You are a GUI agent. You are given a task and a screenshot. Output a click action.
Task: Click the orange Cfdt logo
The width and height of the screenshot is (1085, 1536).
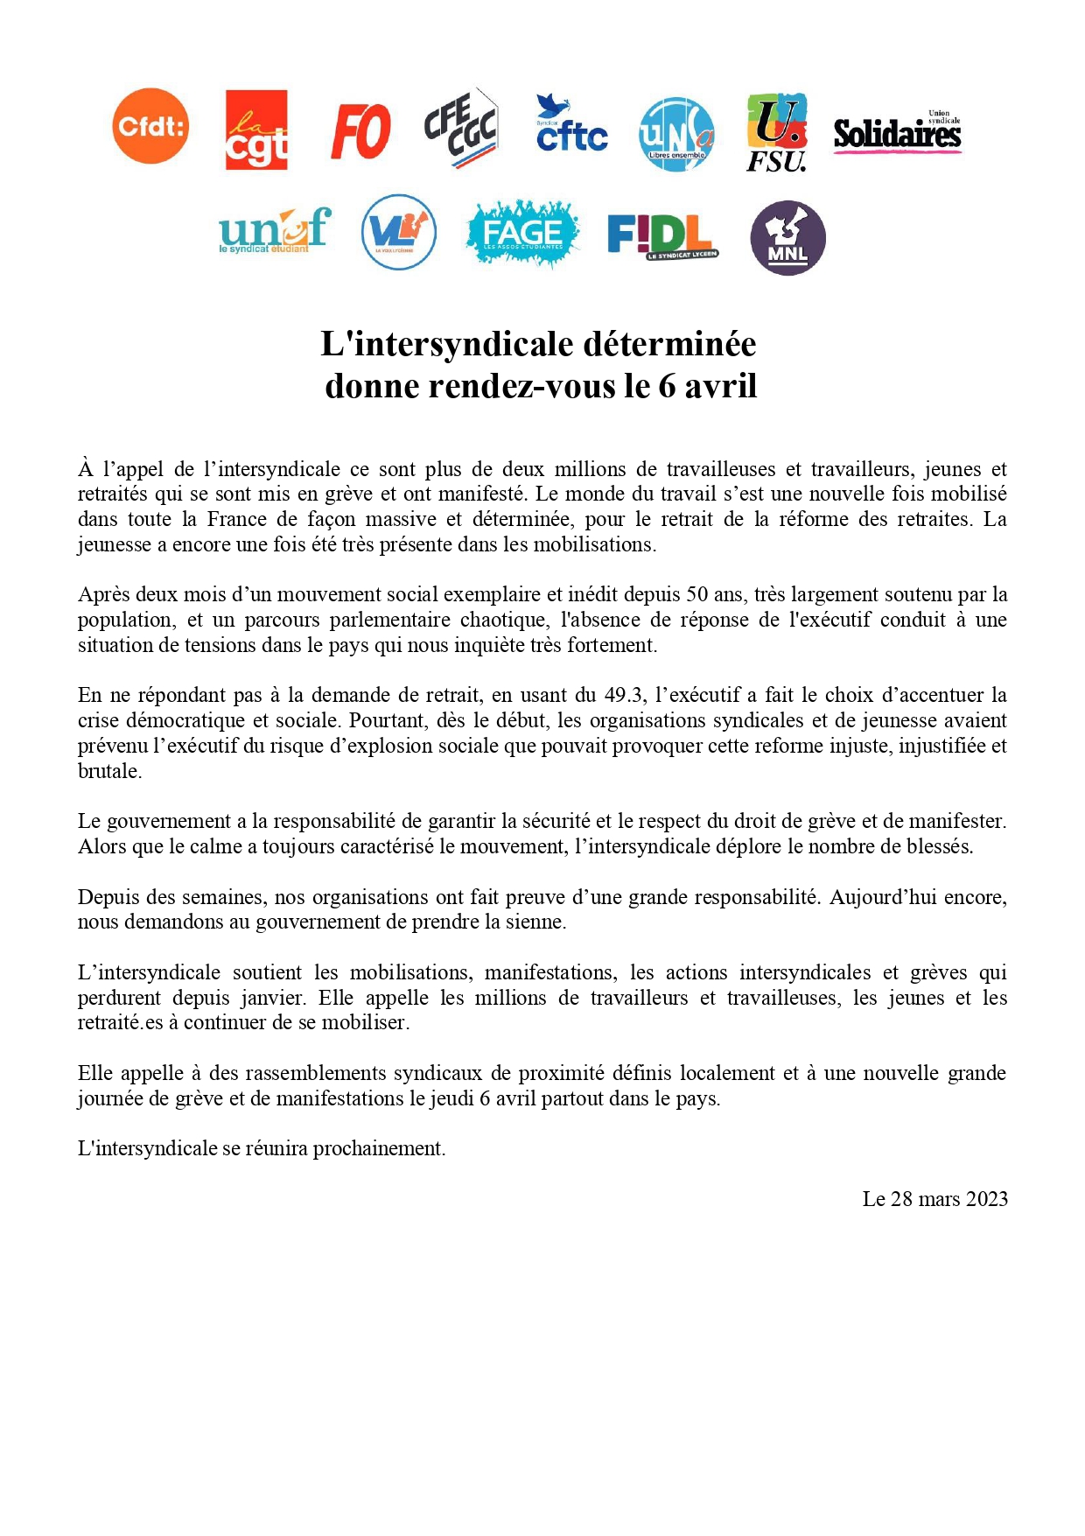[150, 126]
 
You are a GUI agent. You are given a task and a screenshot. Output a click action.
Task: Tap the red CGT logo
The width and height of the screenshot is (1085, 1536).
[256, 130]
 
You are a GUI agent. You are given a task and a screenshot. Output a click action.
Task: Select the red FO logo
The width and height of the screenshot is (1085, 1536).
[360, 131]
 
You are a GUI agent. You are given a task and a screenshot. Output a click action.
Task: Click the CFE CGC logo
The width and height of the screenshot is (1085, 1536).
[461, 128]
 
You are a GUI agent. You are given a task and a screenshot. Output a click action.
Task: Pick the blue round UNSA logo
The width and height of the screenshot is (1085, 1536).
[676, 134]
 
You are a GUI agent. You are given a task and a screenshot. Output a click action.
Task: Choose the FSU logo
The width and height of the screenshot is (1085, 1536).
[776, 132]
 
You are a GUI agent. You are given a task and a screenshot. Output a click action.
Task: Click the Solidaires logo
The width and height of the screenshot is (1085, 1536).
[897, 133]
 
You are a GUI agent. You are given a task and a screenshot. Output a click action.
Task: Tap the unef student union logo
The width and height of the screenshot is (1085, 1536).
[274, 230]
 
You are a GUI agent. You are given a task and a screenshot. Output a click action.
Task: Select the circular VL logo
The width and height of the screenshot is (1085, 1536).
[399, 232]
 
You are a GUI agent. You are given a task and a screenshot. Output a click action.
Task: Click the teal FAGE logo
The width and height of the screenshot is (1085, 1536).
[522, 233]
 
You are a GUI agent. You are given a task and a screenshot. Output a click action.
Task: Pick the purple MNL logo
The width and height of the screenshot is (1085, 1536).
[787, 238]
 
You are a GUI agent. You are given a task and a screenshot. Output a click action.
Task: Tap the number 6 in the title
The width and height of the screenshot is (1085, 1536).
[667, 386]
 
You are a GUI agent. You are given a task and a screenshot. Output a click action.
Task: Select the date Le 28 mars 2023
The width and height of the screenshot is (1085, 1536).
[934, 1199]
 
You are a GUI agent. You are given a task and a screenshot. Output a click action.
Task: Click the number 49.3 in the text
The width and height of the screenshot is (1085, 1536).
[625, 696]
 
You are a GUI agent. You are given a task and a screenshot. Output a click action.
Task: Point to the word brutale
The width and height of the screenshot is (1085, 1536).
[108, 771]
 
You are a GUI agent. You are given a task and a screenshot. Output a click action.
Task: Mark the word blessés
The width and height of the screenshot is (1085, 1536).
[940, 846]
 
